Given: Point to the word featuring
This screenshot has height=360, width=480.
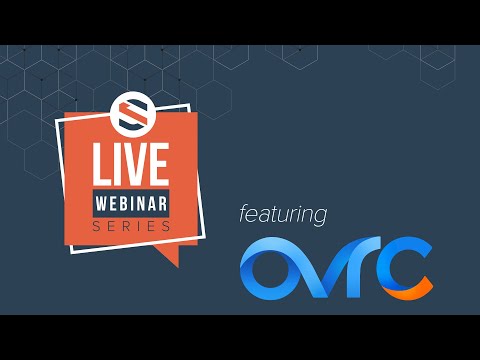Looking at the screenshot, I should pos(283,214).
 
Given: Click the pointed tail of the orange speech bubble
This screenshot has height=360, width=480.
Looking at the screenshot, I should pos(172,258).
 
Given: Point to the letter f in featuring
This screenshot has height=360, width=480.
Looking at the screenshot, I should pos(243,212).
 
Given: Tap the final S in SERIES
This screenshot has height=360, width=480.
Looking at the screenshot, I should pos(166,226).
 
